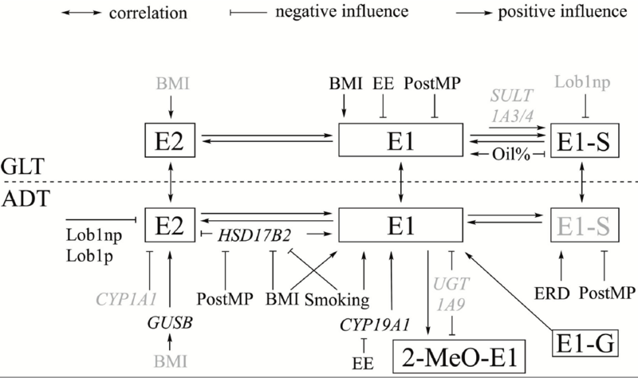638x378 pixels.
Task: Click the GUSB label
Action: pyautogui.click(x=170, y=324)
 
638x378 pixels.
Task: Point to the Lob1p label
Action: pyautogui.click(x=89, y=255)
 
